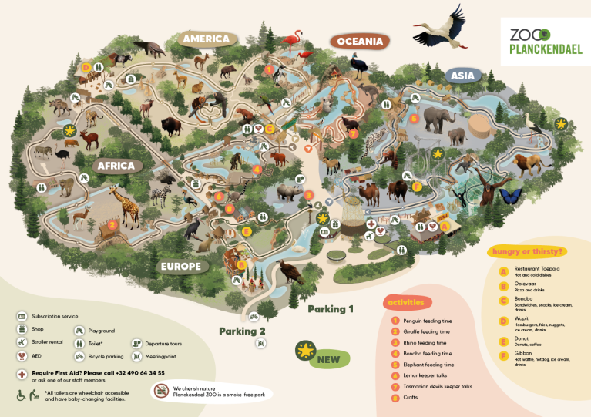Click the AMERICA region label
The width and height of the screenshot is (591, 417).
[206, 39]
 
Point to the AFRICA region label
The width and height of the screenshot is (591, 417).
[116, 166]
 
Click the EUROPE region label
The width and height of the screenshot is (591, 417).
[181, 267]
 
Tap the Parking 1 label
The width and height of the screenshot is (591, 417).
[331, 309]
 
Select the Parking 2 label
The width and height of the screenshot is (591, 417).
[242, 331]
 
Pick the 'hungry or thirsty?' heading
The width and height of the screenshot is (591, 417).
[523, 251]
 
